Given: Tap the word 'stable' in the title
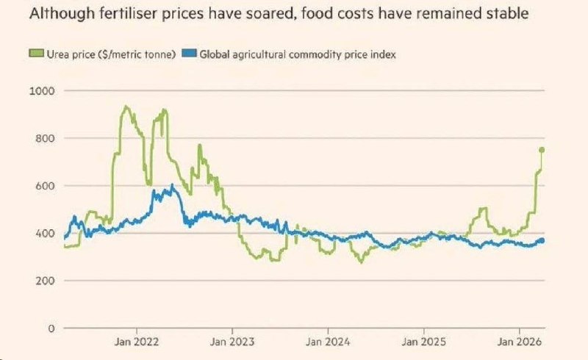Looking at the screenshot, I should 506,14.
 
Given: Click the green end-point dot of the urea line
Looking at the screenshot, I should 542,150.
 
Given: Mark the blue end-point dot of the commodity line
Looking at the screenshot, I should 542,240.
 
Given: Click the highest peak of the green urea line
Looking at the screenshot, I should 126,107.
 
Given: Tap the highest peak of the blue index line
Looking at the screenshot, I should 172,186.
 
